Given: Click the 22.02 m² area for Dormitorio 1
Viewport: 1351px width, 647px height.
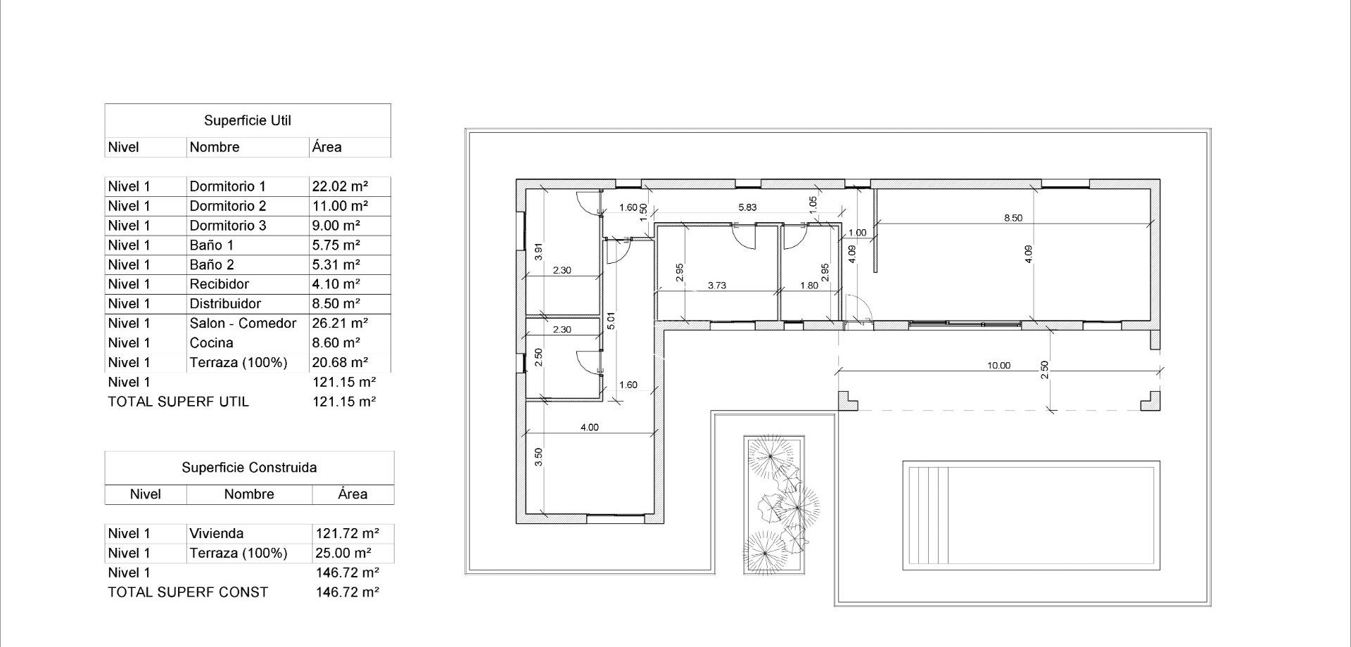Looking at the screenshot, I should pos(340,186).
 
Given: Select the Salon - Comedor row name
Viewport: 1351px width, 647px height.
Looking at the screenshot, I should pos(243,323).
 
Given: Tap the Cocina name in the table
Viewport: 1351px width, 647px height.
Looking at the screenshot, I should pos(211,343).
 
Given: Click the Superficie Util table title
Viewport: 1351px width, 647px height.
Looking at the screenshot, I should pos(248,121).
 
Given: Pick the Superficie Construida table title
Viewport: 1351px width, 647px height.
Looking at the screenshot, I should pos(249,468).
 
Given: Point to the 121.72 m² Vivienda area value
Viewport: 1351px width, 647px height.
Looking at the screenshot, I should pos(348,534).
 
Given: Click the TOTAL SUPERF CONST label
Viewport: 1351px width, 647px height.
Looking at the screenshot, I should pos(188,592).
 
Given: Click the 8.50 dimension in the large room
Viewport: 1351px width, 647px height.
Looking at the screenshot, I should pos(1013,218).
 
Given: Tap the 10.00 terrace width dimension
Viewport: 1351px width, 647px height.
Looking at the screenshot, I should pos(998,366).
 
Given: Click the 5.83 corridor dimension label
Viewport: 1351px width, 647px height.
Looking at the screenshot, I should pos(747,207).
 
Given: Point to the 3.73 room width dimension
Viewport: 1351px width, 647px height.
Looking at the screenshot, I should pos(716,286).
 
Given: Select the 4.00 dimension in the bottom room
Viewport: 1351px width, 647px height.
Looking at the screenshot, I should pos(589,428).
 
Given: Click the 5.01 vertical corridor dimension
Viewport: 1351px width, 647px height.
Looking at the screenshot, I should pos(611,321).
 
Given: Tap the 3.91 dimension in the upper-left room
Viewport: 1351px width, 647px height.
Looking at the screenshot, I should pos(539,252).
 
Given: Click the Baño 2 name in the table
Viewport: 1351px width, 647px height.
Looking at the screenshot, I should pos(211,265).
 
